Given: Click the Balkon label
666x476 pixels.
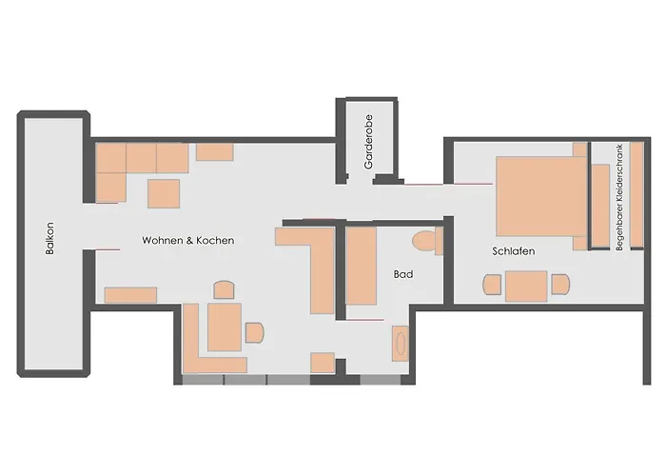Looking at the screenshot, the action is coord(49,238).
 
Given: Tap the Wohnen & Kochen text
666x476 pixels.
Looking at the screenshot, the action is coord(188,240).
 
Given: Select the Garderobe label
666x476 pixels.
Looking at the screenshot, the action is coord(368,142).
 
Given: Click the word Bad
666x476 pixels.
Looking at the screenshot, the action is coord(403,274).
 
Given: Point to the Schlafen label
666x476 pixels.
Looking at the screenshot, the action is coord(514,251).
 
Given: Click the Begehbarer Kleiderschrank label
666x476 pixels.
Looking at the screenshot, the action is coord(619,197).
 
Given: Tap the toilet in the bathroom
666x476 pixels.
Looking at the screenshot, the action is coord(427,241).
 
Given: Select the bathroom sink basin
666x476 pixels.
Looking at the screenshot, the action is coord(401,344).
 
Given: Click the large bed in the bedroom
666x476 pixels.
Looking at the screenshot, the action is coord(542,196).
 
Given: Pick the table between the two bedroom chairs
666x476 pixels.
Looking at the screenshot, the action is coord(526,286).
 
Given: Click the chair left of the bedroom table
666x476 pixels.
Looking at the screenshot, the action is coord(492,285).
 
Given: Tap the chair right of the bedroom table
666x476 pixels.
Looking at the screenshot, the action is coord(560,285).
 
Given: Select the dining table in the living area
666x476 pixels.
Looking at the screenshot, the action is coord(225,327).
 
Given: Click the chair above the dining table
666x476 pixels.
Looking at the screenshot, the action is coord(224,289).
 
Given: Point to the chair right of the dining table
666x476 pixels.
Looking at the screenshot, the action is coord(254,332).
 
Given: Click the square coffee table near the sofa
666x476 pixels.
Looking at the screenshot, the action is coord(164,193).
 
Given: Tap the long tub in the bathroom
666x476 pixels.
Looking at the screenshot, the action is coord(361,266).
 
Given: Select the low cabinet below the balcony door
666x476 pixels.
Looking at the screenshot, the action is coord(130,295).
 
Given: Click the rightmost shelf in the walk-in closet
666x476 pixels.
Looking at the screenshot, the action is coord(637,194).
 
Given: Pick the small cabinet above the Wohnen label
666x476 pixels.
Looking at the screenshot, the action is coord(214,151).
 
